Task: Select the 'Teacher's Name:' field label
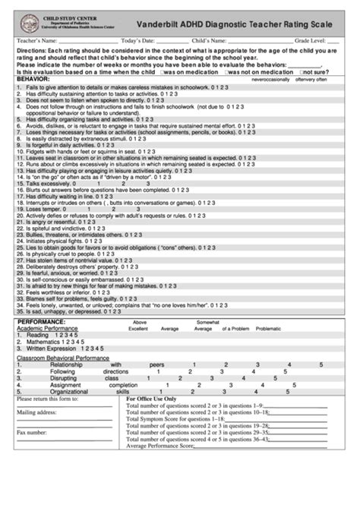pos(36,40)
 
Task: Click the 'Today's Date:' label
pos(138,40)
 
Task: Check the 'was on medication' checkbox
pos(163,71)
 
